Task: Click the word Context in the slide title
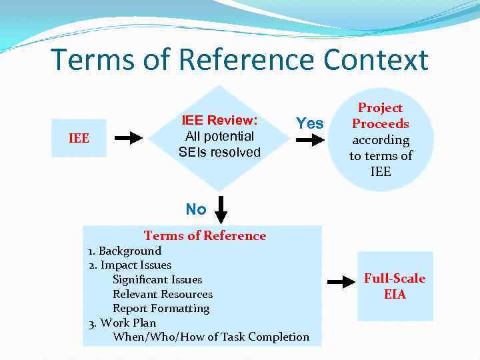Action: point(376,60)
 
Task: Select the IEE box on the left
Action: point(79,138)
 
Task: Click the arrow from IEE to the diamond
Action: point(129,138)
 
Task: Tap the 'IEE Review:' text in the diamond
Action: point(219,121)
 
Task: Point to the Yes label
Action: point(309,123)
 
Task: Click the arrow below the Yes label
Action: point(309,141)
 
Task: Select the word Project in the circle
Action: point(380,108)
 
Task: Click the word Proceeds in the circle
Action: point(380,123)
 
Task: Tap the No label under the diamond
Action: point(196,209)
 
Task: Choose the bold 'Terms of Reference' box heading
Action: point(205,235)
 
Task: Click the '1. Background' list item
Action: point(125,251)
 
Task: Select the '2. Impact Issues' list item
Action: point(130,265)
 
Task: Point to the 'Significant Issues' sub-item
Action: point(157,280)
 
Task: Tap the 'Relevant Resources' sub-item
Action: point(163,294)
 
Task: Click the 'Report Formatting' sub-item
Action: point(161,308)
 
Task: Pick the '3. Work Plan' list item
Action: point(122,323)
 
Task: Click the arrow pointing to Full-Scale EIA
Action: point(342,283)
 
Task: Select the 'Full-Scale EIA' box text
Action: point(395,286)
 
